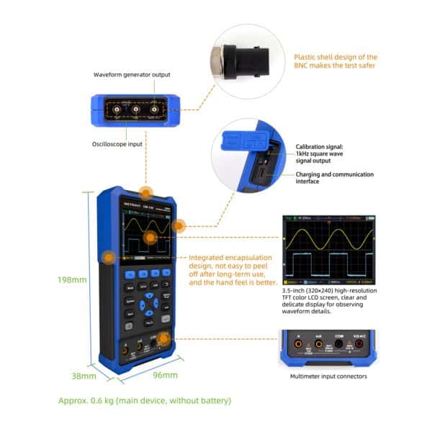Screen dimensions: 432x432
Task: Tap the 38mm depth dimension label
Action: click(84, 375)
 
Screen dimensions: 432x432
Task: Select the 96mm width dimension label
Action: click(165, 375)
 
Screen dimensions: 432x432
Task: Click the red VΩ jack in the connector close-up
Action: click(359, 346)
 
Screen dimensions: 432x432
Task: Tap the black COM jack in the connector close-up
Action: click(338, 346)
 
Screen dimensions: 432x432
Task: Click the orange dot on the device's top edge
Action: click(146, 192)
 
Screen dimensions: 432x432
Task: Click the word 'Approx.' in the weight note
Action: click(74, 400)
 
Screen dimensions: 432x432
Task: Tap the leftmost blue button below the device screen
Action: click(130, 274)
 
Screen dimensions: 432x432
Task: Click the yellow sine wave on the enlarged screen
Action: click(329, 237)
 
